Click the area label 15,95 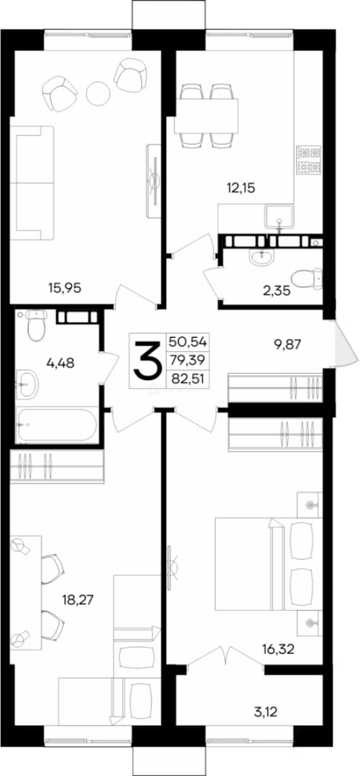(63, 287)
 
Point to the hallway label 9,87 (274, 343)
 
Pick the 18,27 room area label (78, 600)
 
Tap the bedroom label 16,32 (279, 649)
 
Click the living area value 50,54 (189, 341)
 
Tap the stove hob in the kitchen (309, 160)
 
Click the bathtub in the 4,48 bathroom (56, 425)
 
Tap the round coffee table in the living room (98, 92)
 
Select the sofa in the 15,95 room (32, 183)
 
